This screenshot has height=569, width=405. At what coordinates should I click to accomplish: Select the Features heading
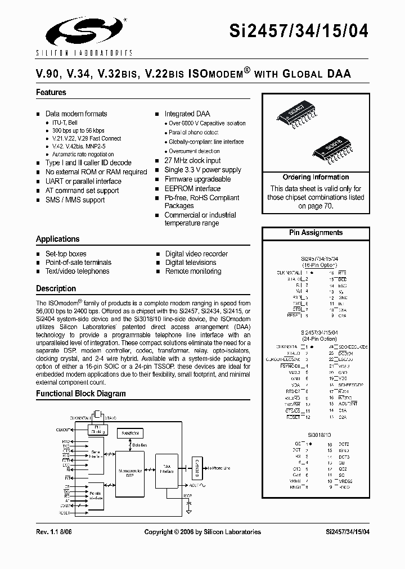tap(51, 92)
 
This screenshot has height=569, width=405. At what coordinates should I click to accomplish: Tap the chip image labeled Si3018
tap(331, 147)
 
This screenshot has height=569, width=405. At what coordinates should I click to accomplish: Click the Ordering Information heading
tap(316, 177)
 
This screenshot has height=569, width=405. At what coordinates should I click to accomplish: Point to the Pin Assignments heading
tap(316, 232)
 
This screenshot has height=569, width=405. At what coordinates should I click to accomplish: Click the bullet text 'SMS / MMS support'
tap(75, 200)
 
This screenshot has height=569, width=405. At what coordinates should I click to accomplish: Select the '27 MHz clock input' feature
tap(192, 160)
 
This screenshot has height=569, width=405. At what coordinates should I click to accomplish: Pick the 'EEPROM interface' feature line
tap(192, 188)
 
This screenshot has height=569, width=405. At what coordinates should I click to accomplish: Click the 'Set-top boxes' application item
tap(66, 254)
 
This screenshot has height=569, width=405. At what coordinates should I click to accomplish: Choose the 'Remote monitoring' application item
tap(193, 271)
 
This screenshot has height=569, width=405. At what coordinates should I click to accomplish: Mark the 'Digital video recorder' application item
tap(196, 254)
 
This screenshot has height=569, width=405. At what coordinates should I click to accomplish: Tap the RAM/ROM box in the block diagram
tap(130, 433)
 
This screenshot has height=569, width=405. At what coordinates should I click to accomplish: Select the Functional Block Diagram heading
tap(81, 394)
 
